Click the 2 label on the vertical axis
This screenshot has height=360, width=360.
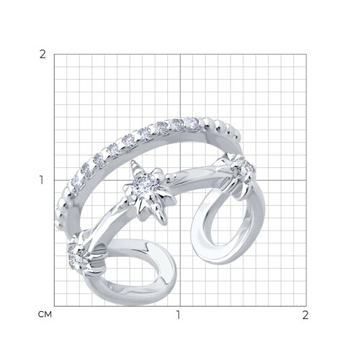(42, 55)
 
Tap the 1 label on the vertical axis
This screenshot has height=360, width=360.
(42, 180)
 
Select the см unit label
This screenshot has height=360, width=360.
(45, 314)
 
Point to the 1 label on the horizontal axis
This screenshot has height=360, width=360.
(178, 315)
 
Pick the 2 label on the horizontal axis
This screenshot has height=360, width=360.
(305, 315)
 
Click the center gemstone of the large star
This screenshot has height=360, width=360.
(143, 184)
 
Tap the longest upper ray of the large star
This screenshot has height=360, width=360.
(135, 168)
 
